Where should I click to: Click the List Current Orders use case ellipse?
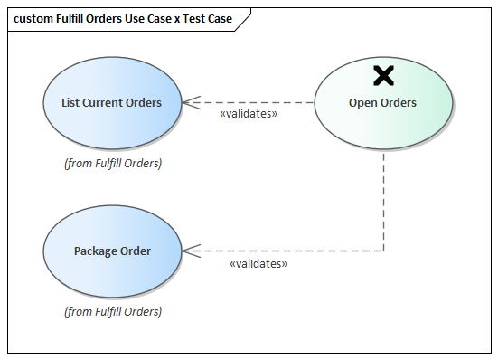pyautogui.click(x=112, y=102)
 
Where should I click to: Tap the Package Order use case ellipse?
pyautogui.click(x=112, y=251)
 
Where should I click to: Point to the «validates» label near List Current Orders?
pyautogui.click(x=248, y=115)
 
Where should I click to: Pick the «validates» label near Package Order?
pyautogui.click(x=258, y=263)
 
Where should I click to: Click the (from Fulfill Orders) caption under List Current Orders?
pyautogui.click(x=112, y=164)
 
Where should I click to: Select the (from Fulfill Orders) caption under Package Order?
pyautogui.click(x=112, y=311)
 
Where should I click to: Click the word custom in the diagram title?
pyautogui.click(x=33, y=18)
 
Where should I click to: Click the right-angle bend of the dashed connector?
pyautogui.click(x=384, y=251)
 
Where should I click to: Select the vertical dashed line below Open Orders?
pyautogui.click(x=384, y=199)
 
